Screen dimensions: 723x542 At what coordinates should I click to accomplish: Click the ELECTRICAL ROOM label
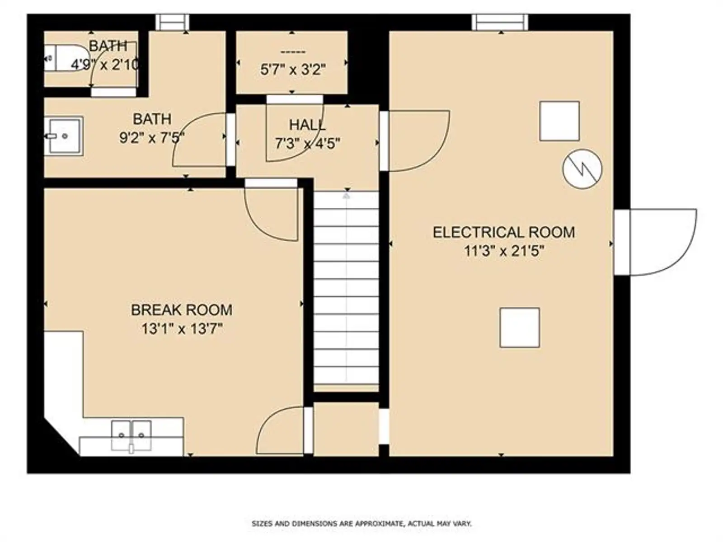[504, 232]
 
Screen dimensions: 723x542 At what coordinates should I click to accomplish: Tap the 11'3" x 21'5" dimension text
[504, 252]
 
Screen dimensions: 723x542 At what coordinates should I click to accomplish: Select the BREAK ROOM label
[182, 310]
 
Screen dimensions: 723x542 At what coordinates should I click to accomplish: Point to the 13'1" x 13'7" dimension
[182, 329]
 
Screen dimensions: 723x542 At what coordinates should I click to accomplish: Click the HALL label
[307, 125]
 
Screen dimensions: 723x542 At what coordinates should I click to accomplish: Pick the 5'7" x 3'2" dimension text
[293, 70]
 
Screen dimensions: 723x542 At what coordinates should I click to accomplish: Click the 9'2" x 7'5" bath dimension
[151, 138]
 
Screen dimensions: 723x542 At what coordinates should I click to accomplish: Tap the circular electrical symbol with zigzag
[582, 169]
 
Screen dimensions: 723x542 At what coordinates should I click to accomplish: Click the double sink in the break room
[131, 435]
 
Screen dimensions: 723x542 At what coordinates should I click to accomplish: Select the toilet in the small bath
[66, 58]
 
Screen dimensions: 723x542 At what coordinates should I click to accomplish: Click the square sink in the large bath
[64, 135]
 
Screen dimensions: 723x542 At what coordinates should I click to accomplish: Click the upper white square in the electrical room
[559, 121]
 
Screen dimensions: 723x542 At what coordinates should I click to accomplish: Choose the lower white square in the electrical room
[520, 328]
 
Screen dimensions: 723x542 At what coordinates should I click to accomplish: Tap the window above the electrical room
[500, 23]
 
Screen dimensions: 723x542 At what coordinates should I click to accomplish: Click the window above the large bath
[172, 23]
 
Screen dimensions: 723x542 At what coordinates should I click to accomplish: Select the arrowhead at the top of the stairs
[346, 196]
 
